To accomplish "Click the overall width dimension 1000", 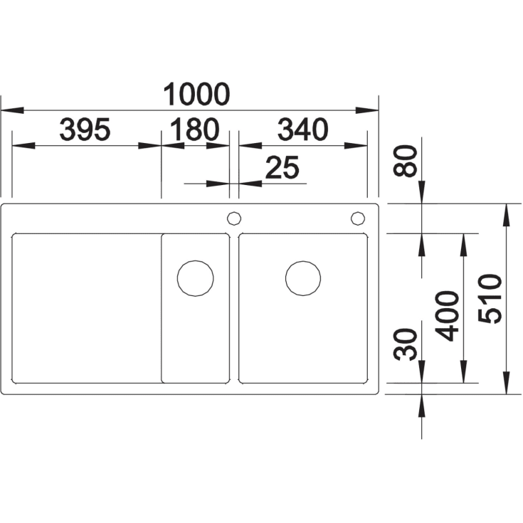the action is click(196, 94).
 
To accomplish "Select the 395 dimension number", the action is click(85, 129).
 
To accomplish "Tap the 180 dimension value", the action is click(195, 129).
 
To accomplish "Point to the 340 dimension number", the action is click(303, 129).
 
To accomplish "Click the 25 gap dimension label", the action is click(282, 167).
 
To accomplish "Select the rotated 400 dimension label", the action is click(447, 316).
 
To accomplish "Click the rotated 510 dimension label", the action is click(490, 299).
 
